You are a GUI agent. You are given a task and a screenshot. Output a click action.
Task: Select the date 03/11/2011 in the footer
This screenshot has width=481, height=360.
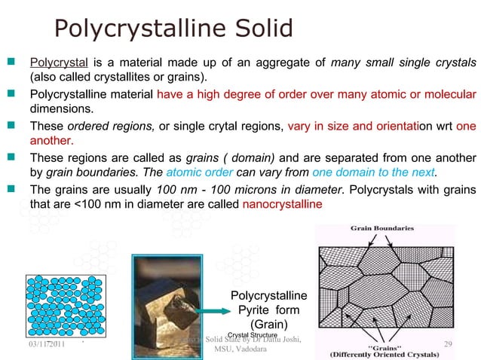pyautogui.click(x=41, y=343)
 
